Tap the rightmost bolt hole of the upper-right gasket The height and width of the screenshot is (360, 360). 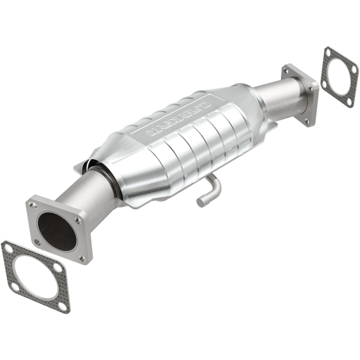(x=354, y=69)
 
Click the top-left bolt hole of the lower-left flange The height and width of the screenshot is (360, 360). (x=33, y=205)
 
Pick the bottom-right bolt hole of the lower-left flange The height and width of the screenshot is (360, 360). (x=82, y=258)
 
